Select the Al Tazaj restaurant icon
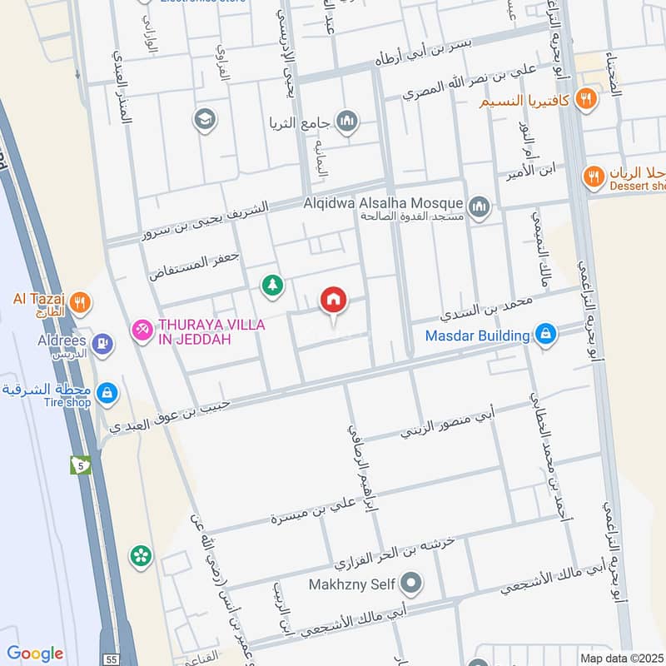pyautogui.click(x=80, y=302)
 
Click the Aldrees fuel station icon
pyautogui.click(x=102, y=341)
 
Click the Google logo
pyautogui.click(x=35, y=654)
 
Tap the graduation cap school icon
pyautogui.click(x=202, y=120)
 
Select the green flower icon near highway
pyautogui.click(x=142, y=554)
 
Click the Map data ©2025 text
pyautogui.click(x=621, y=658)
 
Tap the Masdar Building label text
pyautogui.click(x=478, y=335)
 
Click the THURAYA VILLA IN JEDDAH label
pyautogui.click(x=211, y=331)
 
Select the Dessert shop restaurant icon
pyautogui.click(x=594, y=176)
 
